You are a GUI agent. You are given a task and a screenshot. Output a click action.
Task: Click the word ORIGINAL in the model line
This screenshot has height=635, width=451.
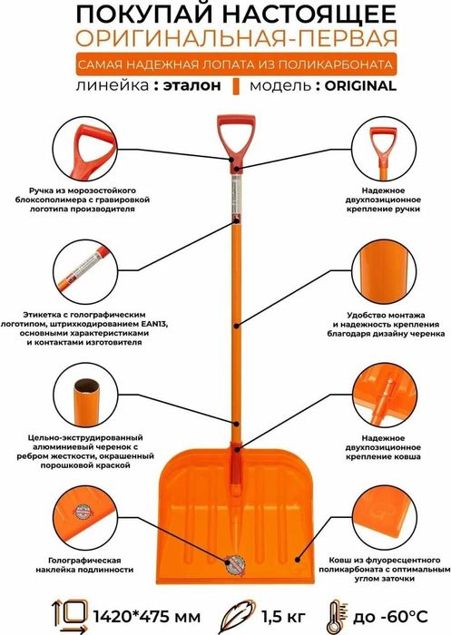click(360, 86)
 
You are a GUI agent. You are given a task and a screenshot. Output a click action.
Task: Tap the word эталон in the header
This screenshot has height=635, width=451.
click(192, 86)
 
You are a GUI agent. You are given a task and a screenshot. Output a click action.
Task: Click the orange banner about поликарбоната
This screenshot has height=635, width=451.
click(235, 64)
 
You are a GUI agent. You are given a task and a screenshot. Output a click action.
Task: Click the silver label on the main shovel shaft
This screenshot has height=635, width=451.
click(235, 193)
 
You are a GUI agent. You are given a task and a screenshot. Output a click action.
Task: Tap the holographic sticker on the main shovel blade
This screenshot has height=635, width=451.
click(235, 564)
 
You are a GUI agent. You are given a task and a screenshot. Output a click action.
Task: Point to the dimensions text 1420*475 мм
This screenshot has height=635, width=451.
click(147, 616)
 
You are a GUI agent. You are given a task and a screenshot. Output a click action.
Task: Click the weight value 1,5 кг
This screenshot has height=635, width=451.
click(283, 616)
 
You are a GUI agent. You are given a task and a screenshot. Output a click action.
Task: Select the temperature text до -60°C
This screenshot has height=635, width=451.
click(390, 616)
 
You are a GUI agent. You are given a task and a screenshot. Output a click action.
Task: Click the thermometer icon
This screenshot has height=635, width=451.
click(337, 616)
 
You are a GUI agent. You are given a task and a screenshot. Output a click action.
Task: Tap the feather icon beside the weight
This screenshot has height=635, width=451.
click(239, 616)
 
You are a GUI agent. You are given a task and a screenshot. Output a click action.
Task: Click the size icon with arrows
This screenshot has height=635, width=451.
click(71, 616)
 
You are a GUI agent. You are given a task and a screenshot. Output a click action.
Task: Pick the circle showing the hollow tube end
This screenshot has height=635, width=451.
click(85, 395)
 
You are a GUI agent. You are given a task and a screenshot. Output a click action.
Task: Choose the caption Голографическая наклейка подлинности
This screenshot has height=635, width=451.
click(84, 565)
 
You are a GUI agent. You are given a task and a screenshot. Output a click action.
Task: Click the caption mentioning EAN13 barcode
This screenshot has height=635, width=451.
click(84, 328)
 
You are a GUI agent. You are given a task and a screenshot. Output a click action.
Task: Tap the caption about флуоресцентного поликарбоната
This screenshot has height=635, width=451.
click(384, 570)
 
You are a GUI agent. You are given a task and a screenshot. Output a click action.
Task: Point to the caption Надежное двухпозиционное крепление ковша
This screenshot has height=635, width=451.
click(383, 447)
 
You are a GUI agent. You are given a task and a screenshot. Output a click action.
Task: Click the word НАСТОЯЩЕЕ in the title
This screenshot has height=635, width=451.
click(309, 15)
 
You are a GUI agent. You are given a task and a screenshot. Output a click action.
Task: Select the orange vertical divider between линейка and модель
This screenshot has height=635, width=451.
click(236, 86)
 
